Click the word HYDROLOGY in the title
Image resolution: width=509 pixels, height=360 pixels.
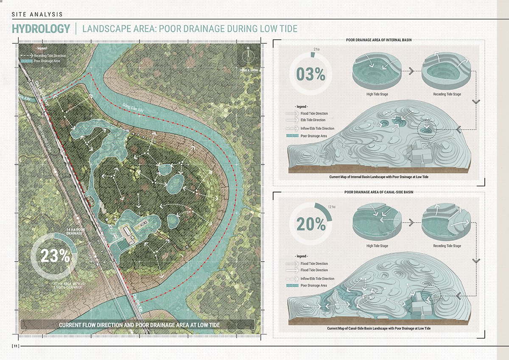(x=41, y=29)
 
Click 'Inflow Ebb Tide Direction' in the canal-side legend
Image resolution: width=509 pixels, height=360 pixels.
(x=317, y=279)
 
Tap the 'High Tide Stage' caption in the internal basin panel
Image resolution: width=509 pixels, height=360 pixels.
(x=378, y=94)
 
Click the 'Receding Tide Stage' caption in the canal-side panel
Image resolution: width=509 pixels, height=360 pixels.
(x=447, y=246)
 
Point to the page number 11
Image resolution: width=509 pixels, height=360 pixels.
(x=15, y=346)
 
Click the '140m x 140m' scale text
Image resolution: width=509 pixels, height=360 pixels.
(x=248, y=69)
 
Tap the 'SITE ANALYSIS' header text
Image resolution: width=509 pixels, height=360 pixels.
(x=37, y=14)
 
